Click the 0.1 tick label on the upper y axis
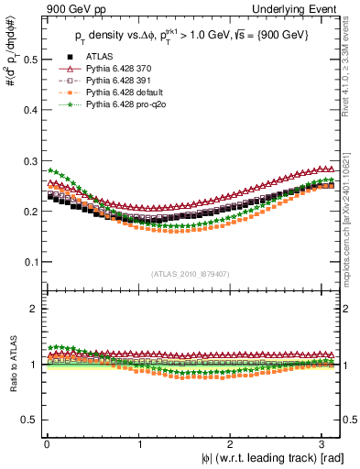tap(29, 262)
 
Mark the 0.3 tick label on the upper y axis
tap(29, 160)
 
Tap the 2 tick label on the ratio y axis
tap(34, 309)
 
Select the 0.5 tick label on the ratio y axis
tap(29, 420)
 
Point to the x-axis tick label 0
tap(46, 442)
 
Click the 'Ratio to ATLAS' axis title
tap(12, 366)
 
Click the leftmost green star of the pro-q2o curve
tap(49, 169)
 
